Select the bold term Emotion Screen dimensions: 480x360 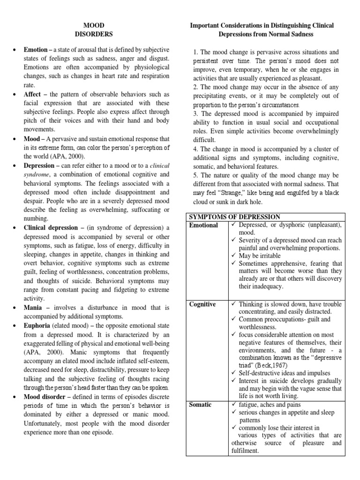coord(36,50)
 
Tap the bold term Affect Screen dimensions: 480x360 coord(33,94)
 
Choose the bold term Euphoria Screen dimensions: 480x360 coord(37,326)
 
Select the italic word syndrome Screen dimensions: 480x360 coord(37,174)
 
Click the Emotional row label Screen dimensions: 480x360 coord(203,225)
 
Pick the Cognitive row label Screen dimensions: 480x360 coord(202,304)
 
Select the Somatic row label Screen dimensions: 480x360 coord(200,405)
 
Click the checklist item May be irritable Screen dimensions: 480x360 coord(260,255)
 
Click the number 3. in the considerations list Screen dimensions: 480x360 coord(196,113)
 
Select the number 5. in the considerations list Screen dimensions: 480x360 coord(196,176)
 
